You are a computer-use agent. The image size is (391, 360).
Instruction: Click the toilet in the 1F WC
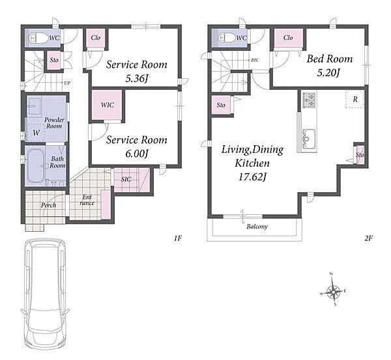tap(38, 38)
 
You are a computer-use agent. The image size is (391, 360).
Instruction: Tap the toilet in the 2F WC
tap(226, 38)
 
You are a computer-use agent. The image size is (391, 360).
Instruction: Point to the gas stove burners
tap(309, 100)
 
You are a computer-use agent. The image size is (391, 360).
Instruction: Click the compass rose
tap(333, 290)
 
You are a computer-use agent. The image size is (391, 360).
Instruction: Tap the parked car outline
tap(45, 295)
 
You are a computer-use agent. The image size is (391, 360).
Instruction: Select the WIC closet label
tap(108, 105)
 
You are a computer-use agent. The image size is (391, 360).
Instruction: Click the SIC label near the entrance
tap(126, 179)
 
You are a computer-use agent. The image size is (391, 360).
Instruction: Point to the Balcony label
tap(257, 227)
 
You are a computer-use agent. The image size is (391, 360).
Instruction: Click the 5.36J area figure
tap(137, 79)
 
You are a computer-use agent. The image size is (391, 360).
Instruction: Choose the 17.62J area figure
tap(252, 177)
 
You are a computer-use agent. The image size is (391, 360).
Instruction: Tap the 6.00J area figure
tap(137, 154)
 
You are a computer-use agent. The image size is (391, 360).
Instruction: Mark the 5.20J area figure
tap(329, 73)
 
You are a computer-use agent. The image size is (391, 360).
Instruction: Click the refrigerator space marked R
tap(355, 99)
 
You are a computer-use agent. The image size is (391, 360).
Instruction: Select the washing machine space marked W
tap(36, 133)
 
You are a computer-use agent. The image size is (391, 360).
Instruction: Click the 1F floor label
tap(178, 238)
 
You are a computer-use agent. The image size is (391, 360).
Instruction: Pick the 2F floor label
tap(368, 238)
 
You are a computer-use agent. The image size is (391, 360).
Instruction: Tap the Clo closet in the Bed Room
tap(288, 38)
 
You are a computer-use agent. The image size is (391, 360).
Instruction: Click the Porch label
tap(48, 205)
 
